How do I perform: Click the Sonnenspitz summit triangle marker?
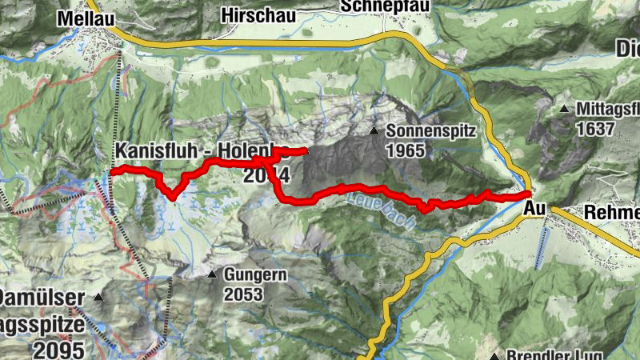374,130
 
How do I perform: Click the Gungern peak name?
254,274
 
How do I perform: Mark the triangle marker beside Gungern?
212,274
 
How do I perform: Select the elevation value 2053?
243,294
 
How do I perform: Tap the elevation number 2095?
59,350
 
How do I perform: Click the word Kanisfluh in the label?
151,150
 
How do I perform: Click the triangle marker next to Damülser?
98,298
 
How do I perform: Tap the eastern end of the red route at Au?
529,194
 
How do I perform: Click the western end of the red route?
114,171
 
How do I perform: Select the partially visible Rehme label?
613,212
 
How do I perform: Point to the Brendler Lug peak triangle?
495,355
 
